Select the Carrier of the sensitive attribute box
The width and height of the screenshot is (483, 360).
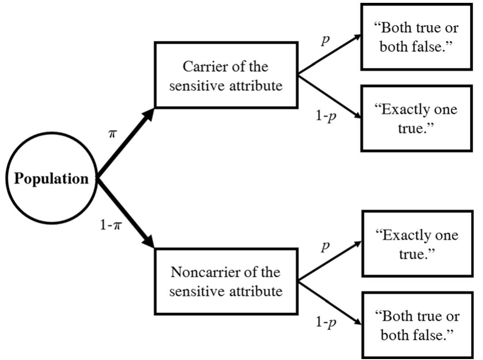click(x=226, y=75)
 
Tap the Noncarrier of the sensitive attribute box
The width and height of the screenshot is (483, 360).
click(x=226, y=281)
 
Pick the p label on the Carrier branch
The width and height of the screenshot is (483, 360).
click(x=325, y=41)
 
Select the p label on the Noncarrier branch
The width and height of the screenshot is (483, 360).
click(x=325, y=246)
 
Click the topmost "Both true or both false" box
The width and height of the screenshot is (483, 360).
click(x=417, y=37)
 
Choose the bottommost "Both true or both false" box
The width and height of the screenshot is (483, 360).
click(x=417, y=325)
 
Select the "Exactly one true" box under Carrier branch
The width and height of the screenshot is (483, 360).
click(x=417, y=118)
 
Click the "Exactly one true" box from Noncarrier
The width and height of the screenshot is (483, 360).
click(x=417, y=244)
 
